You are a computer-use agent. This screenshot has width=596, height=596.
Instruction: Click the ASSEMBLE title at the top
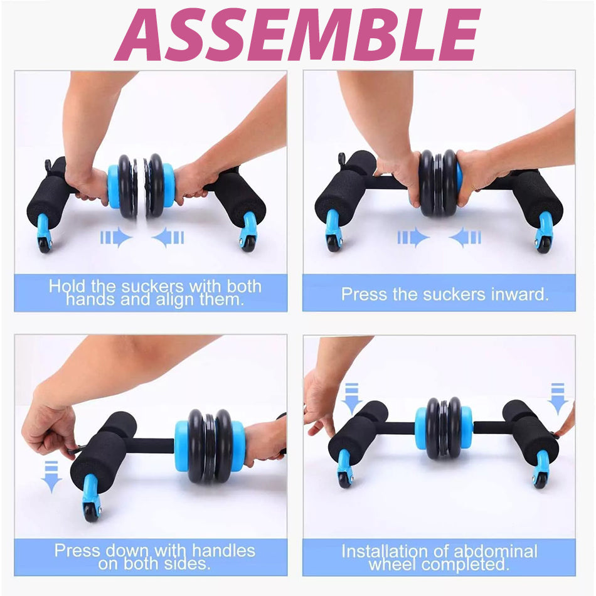(297, 35)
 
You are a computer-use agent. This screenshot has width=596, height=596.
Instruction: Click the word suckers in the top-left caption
(152, 286)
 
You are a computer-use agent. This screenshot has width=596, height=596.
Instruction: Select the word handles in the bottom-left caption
(223, 550)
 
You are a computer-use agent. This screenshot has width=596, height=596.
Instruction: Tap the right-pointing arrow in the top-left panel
(116, 238)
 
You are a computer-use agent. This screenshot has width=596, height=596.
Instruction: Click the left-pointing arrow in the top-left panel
(168, 238)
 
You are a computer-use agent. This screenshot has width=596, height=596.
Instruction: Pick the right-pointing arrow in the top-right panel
(413, 238)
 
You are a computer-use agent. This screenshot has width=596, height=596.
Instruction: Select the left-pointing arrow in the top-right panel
(465, 238)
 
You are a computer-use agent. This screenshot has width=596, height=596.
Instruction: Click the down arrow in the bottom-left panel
(51, 477)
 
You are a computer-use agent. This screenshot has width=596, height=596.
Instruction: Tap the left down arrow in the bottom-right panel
(351, 399)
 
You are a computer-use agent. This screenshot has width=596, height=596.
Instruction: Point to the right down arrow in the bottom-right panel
(558, 399)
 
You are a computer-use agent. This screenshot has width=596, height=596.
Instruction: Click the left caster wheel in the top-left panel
(45, 245)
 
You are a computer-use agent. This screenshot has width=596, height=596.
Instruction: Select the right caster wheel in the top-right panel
(543, 244)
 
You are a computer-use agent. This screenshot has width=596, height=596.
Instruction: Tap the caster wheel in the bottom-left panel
(92, 512)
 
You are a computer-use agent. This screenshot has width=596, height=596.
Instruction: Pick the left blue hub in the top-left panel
(114, 186)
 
